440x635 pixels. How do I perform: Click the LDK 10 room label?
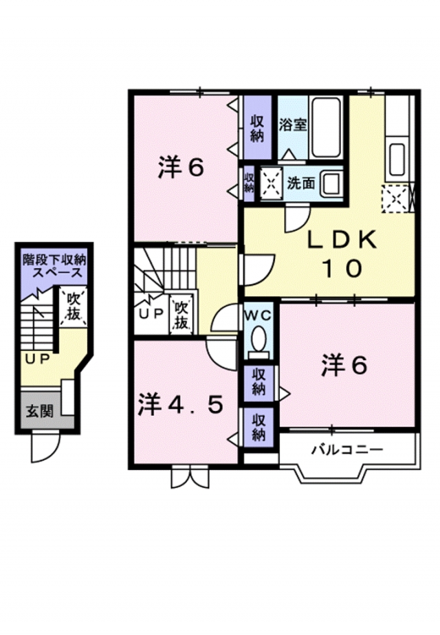click(x=341, y=254)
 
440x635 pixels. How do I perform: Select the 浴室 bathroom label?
click(x=292, y=126)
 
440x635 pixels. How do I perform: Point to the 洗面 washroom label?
click(x=301, y=183)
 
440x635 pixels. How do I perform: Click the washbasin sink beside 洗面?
click(x=331, y=183)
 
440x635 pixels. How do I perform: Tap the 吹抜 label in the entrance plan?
click(x=72, y=307)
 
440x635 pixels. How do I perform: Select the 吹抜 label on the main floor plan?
click(x=181, y=314)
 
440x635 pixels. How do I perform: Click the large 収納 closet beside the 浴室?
click(x=257, y=127)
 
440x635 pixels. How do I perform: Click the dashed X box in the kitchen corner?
click(x=396, y=200)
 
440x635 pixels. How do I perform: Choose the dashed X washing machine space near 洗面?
click(x=271, y=182)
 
